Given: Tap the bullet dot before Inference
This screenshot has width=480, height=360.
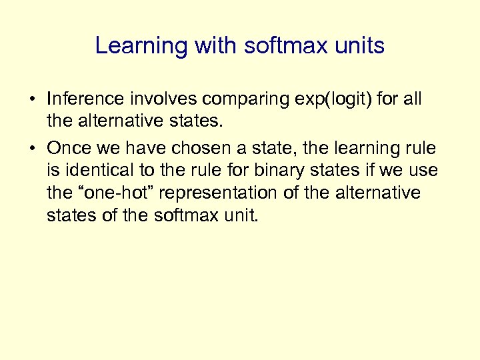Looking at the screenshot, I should [32, 100].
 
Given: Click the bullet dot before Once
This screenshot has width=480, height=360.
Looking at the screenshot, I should [32, 147].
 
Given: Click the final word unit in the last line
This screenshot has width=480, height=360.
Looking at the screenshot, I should [237, 216].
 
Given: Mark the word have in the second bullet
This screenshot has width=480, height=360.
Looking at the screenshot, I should [147, 147].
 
